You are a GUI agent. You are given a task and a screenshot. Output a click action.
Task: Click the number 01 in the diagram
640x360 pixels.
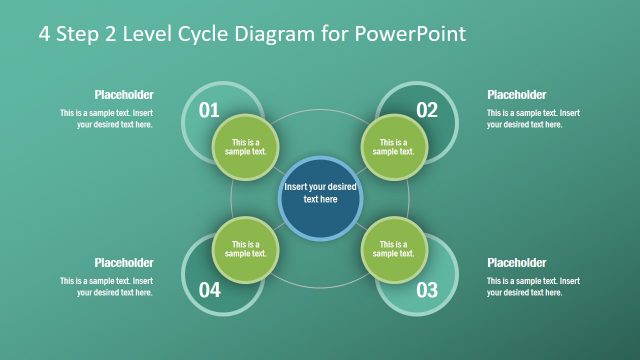[x=209, y=110]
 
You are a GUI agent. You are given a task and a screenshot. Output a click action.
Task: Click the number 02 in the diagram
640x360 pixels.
[x=427, y=110]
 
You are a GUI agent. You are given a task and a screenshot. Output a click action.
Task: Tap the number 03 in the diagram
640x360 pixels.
[x=427, y=291]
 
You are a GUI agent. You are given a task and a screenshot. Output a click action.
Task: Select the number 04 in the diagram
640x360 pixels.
[x=209, y=291]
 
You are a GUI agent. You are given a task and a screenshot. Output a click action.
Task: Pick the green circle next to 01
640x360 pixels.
[x=246, y=147]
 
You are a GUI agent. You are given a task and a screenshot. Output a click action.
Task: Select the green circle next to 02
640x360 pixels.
[x=393, y=147]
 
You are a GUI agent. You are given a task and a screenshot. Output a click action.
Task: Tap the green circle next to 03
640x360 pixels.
[x=393, y=249]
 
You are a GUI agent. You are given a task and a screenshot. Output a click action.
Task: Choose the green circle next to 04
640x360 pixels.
[x=246, y=249]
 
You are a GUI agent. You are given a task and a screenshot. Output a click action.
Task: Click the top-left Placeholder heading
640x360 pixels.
[x=124, y=95]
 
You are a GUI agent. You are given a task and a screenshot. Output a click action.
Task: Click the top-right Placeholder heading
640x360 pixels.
[x=516, y=95]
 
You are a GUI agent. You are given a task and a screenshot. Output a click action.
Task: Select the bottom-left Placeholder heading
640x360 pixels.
[x=124, y=263]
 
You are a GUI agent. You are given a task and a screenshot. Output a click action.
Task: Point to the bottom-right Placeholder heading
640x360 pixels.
[x=516, y=263]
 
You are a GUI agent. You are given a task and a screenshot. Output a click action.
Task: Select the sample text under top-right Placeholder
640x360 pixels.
[x=533, y=119]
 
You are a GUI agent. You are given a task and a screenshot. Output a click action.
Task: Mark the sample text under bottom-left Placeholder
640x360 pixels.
[x=107, y=287]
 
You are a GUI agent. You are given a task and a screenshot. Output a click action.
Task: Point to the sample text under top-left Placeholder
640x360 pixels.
[x=107, y=119]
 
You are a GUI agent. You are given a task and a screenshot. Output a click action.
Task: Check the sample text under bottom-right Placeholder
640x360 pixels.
[x=533, y=287]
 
